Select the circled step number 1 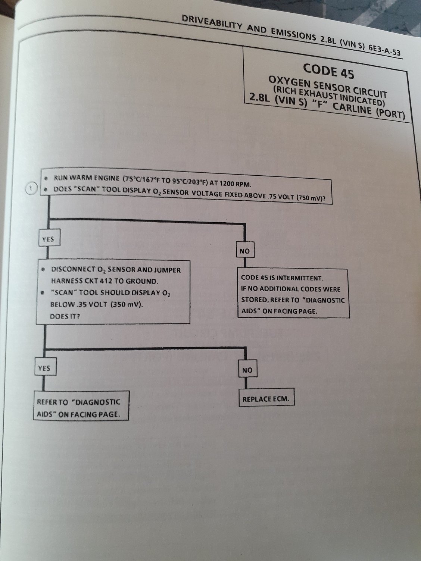31,188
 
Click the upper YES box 49,238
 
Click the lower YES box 45,367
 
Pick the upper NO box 245,250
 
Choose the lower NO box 247,369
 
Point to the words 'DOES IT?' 65,316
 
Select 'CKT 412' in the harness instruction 98,281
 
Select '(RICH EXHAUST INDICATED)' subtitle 329,96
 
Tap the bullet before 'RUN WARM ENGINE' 46,178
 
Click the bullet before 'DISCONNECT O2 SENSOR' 44,269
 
